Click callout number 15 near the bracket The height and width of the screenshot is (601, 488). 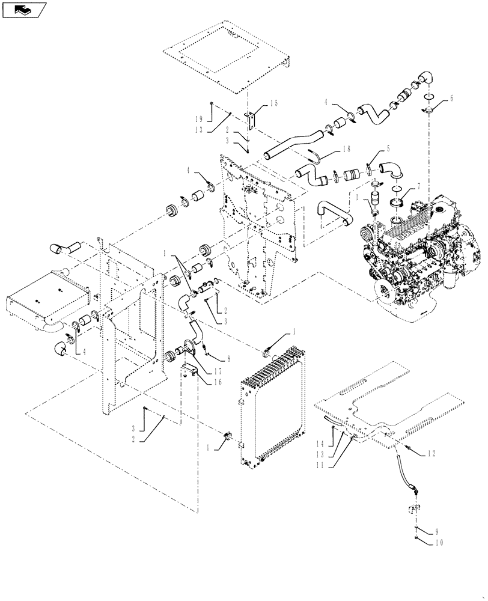point(274,104)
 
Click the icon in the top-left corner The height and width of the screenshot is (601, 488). point(25,10)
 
